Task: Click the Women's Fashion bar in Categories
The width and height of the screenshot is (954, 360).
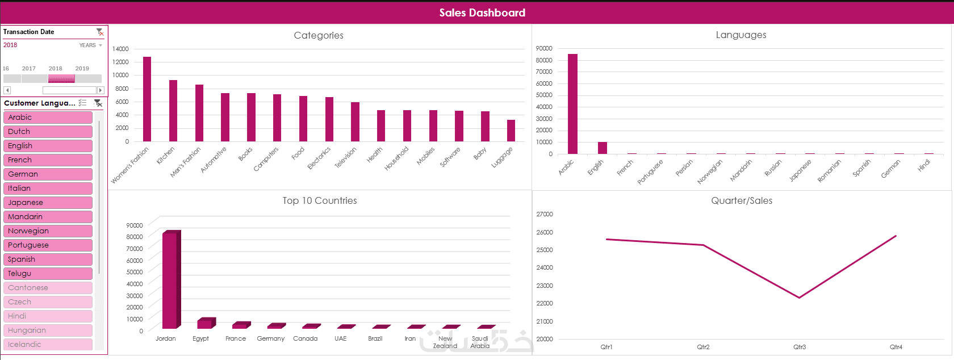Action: (147, 99)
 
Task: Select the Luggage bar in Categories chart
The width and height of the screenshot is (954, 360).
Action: (511, 131)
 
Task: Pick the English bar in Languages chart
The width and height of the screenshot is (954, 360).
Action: (602, 148)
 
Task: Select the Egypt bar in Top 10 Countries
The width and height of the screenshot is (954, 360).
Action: (204, 324)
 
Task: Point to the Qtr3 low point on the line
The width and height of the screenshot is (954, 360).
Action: (800, 298)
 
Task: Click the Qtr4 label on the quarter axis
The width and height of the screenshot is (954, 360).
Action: (896, 347)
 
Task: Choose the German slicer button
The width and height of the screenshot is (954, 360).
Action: (48, 174)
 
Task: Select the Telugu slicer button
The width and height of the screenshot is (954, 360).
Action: (48, 274)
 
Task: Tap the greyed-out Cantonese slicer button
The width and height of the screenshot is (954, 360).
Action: (48, 288)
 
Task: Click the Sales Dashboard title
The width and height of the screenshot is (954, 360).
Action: (482, 12)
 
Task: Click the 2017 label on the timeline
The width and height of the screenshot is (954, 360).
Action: (29, 68)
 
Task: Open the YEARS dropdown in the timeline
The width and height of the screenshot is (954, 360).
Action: (91, 45)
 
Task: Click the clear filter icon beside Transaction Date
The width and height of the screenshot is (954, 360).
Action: (100, 32)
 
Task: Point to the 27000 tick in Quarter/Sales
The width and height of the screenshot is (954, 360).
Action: (545, 214)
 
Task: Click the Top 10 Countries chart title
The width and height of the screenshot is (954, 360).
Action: (320, 200)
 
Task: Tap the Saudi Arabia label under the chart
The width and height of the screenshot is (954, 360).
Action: (480, 342)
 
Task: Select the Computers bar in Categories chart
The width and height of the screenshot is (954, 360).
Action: (277, 118)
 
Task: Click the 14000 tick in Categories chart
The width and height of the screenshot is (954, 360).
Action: (120, 49)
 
